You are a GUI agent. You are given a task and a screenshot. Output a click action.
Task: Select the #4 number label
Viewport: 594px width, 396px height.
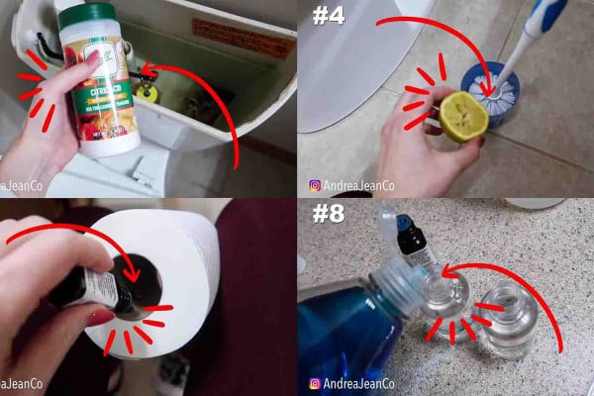coord(328,17)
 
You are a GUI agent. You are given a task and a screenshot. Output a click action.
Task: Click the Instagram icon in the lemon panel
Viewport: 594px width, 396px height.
coord(316,185)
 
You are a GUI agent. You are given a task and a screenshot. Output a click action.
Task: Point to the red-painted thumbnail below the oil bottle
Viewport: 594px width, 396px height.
coord(99,316)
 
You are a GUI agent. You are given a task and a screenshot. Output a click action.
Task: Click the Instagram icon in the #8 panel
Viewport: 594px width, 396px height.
coord(316,383)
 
